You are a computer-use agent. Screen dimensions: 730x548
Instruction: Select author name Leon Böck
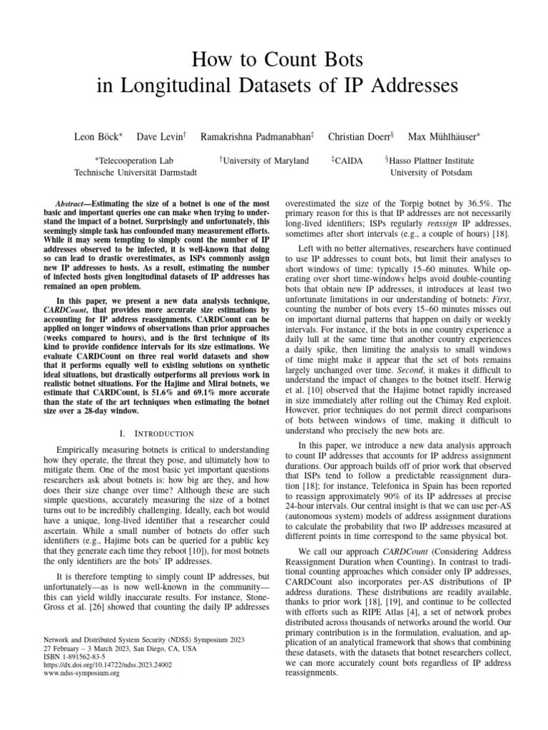(x=97, y=135)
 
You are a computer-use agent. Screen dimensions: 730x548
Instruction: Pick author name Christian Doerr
(x=360, y=135)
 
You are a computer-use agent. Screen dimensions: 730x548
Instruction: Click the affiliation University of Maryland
(x=264, y=161)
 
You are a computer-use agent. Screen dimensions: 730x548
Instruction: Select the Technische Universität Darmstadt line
(x=135, y=173)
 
